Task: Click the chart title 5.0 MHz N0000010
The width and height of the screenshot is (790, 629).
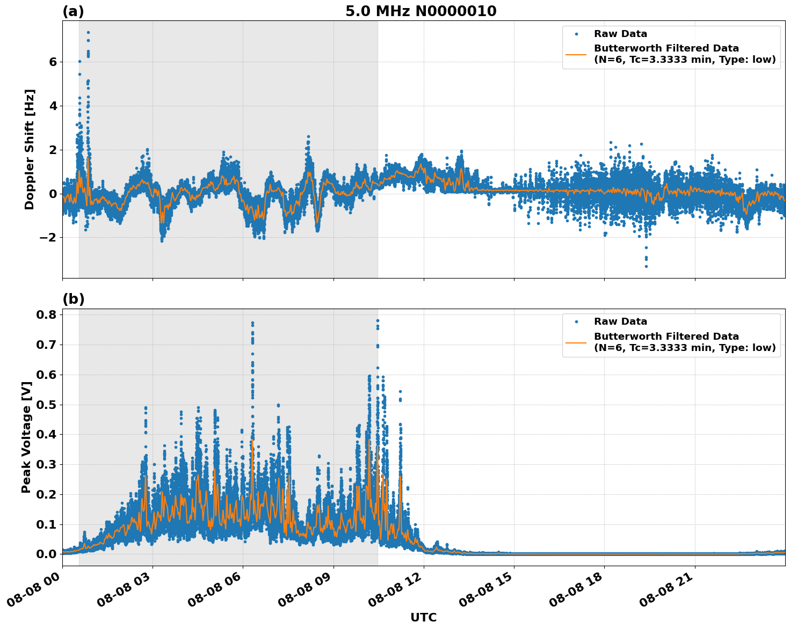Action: (421, 11)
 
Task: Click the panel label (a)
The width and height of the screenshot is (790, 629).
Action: (73, 11)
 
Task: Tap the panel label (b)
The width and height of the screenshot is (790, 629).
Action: (73, 299)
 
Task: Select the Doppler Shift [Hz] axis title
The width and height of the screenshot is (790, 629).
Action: (30, 149)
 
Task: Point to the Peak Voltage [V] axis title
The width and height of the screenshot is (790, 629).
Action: (26, 437)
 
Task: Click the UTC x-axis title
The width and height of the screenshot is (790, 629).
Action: (423, 618)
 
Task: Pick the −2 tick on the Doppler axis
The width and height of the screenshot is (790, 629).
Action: (48, 238)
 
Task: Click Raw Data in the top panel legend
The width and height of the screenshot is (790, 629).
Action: (620, 34)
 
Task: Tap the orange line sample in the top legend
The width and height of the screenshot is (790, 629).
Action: (576, 54)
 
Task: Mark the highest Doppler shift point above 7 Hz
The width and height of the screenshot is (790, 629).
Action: (88, 32)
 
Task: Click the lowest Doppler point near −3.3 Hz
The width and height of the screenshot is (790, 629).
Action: (646, 266)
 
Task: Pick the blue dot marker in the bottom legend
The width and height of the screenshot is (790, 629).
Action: (576, 322)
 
